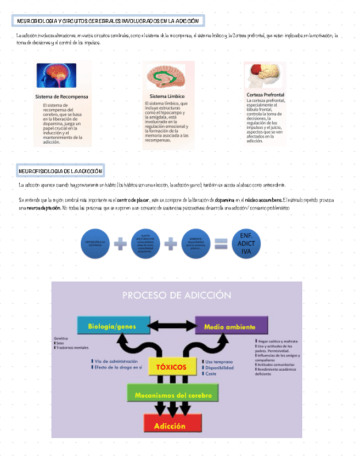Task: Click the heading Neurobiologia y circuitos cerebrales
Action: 109,21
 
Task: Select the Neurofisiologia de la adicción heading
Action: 60,171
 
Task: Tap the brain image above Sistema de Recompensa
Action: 56,75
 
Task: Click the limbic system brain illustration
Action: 168,77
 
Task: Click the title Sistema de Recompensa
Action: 61,97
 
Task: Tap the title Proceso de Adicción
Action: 176,295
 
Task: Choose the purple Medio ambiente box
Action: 231,327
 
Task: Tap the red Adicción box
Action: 170,426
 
